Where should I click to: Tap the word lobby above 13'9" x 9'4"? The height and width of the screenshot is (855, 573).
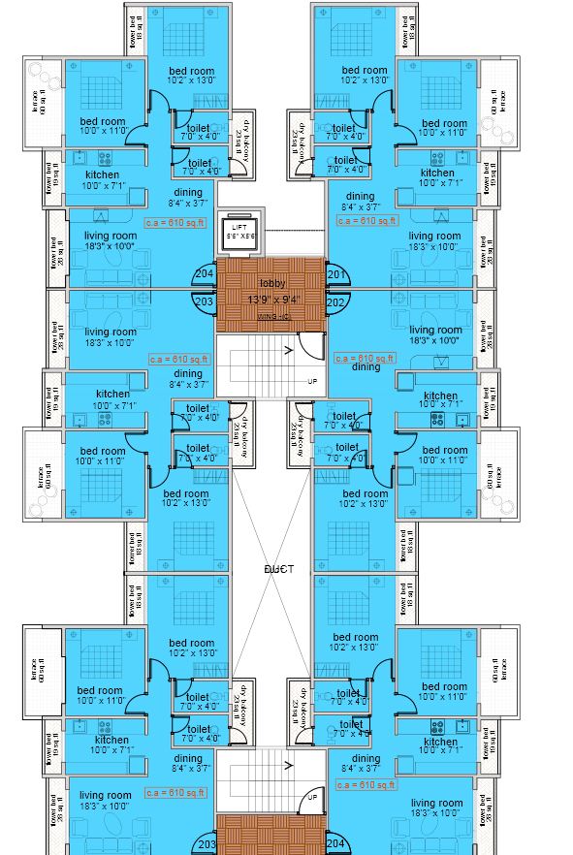[x=271, y=283]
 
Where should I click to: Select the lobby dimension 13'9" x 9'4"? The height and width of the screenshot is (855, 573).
[x=273, y=300]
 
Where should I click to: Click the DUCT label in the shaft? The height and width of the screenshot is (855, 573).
[x=279, y=569]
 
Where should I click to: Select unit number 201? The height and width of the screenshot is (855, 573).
[x=336, y=274]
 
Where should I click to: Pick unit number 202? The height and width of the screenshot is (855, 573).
[x=336, y=301]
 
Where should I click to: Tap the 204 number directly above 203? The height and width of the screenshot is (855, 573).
[x=205, y=274]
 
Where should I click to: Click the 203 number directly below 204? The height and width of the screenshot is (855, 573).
[x=205, y=301]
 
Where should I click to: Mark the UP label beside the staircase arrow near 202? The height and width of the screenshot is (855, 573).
[x=312, y=381]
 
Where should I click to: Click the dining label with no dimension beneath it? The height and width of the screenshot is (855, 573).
[x=366, y=367]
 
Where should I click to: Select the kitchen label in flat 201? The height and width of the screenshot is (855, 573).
[x=437, y=174]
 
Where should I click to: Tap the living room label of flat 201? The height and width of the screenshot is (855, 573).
[x=434, y=236]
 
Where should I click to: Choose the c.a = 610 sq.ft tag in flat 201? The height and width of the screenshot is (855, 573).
[x=366, y=221]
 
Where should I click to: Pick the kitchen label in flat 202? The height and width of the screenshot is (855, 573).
[x=440, y=396]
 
